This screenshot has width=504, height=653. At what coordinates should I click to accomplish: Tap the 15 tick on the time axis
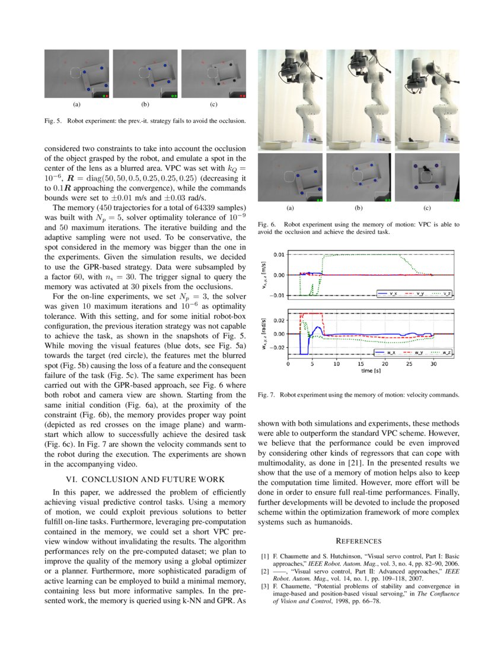coord(361,363)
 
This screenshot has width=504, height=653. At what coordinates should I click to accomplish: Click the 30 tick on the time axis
coord(433,363)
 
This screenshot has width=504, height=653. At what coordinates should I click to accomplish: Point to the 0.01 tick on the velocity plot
coord(277,255)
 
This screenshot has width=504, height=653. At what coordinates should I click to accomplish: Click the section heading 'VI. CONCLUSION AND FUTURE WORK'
coord(145,479)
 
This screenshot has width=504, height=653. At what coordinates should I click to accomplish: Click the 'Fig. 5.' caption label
coord(53,121)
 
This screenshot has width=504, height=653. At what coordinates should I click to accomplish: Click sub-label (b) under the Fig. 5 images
coord(145,104)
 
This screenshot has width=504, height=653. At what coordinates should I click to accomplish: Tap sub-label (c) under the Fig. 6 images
coord(427,208)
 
